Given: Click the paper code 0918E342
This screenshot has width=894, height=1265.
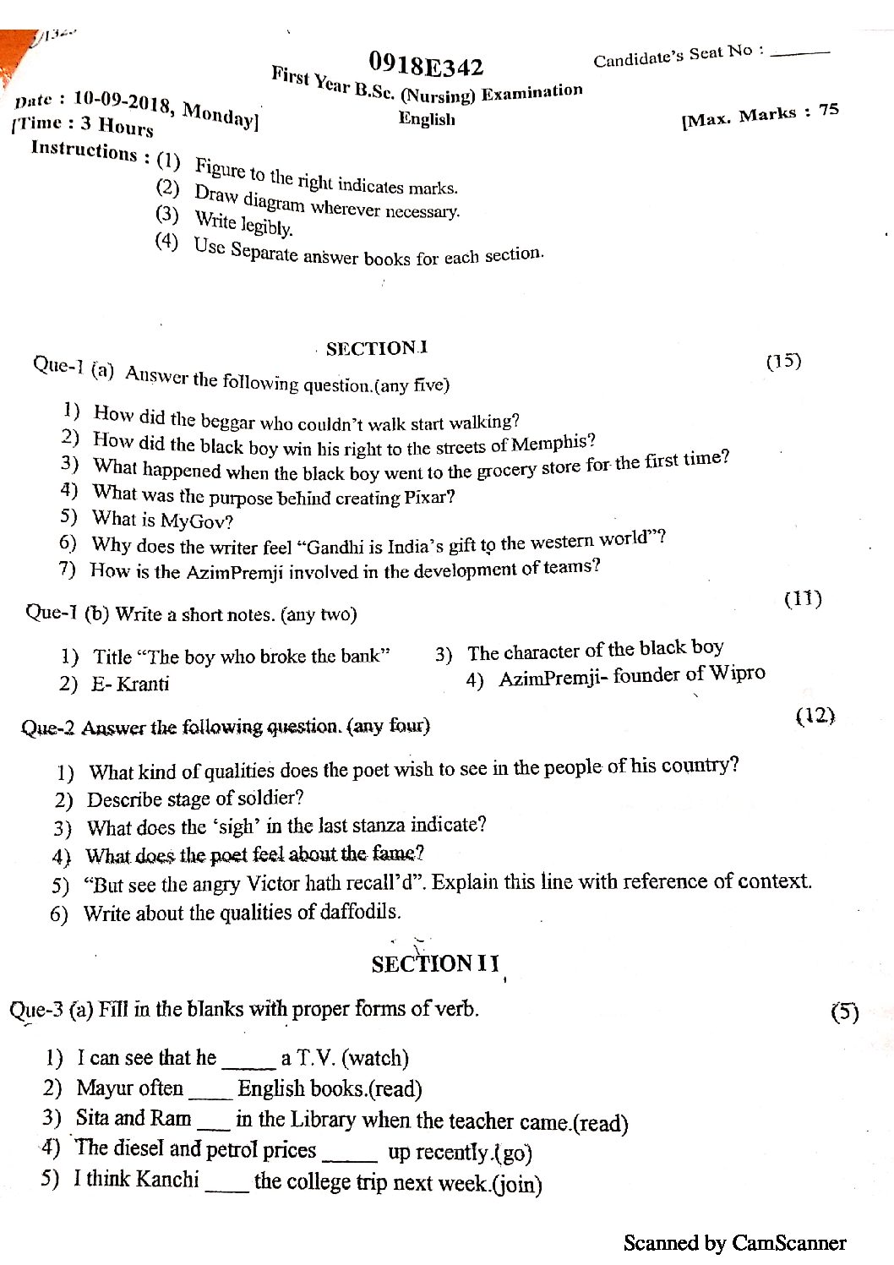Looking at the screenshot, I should pyautogui.click(x=426, y=64).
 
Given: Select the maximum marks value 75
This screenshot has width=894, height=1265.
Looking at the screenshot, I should pyautogui.click(x=828, y=110).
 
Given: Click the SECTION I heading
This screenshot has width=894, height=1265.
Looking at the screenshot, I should pyautogui.click(x=377, y=348).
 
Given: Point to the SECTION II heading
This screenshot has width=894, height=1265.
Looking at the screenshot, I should pyautogui.click(x=435, y=964).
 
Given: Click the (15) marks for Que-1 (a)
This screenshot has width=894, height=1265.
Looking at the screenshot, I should pyautogui.click(x=783, y=361).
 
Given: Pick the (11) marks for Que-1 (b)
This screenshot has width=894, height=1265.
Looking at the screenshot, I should pyautogui.click(x=803, y=599).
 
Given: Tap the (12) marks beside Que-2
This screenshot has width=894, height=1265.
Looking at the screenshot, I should pyautogui.click(x=815, y=717).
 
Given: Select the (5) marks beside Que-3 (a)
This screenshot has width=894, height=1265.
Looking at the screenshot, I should pyautogui.click(x=844, y=1012).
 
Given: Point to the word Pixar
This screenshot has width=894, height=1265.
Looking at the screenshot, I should pyautogui.click(x=425, y=497).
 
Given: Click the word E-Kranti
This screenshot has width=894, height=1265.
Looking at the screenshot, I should pyautogui.click(x=130, y=684).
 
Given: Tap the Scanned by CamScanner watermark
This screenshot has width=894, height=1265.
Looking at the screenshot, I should pyautogui.click(x=734, y=1243).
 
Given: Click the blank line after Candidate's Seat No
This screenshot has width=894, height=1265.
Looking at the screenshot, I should pyautogui.click(x=800, y=54).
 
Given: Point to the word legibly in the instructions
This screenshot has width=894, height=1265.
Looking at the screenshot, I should pyautogui.click(x=266, y=226).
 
